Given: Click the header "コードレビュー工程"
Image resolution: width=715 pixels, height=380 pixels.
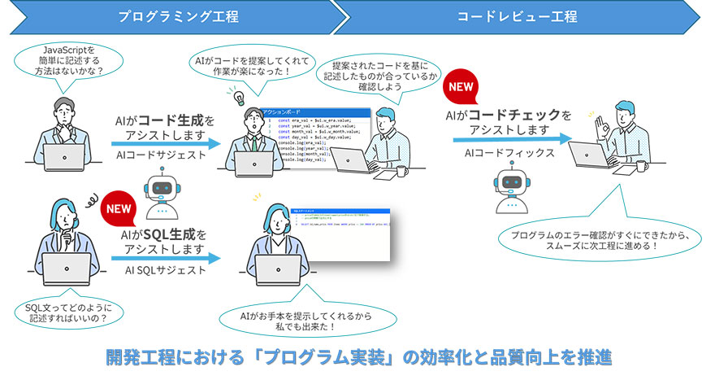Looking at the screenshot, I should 516,16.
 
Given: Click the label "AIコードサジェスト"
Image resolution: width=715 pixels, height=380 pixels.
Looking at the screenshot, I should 162,154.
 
